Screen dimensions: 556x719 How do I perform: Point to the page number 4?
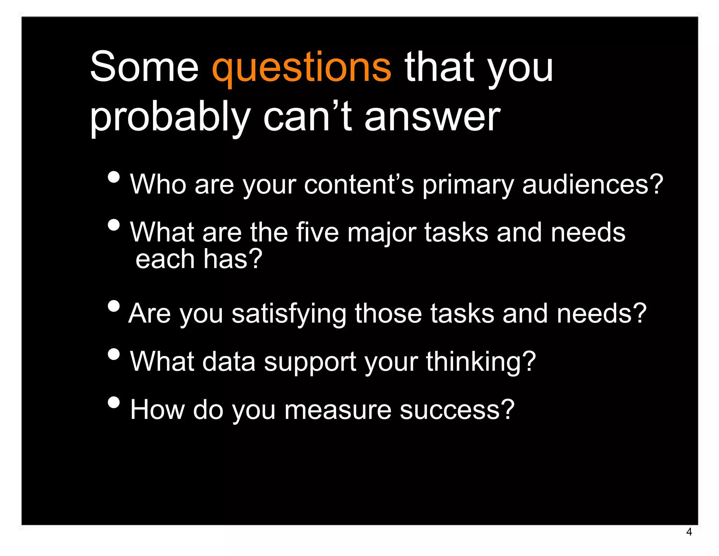coord(689,532)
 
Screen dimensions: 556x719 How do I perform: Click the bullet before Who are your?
coord(114,177)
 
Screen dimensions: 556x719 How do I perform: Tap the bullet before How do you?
coord(114,402)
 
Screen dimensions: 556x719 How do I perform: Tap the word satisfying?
coord(289,314)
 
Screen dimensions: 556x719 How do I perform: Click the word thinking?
coord(481,362)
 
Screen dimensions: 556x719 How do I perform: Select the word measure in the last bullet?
coord(337,410)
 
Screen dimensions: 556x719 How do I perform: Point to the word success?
coord(456,410)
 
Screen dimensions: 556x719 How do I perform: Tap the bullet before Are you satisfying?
coord(114,306)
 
